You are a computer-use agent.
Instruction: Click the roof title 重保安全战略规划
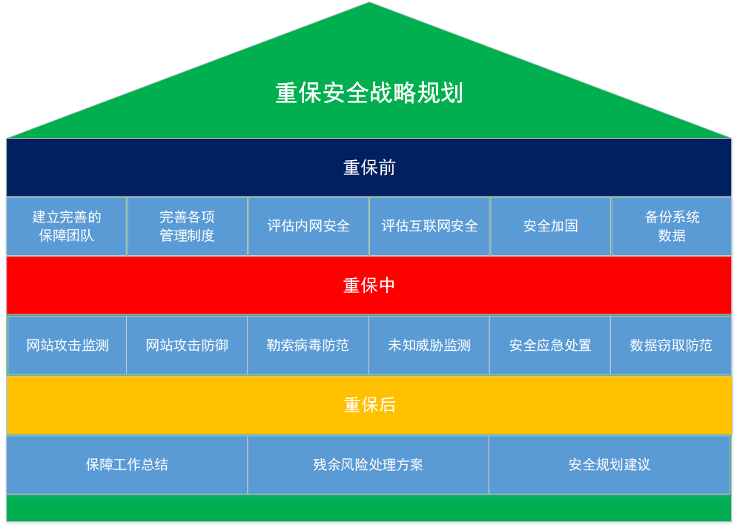369,93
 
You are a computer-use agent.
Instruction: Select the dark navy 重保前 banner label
369,168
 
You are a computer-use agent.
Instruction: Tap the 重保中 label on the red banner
369,286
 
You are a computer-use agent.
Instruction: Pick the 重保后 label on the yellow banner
369,405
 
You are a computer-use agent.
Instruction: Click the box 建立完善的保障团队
67,226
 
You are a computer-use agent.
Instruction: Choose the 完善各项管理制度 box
187,226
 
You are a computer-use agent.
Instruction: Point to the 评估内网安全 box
308,226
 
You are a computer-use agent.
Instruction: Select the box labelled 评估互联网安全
429,226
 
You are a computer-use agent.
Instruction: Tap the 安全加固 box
550,226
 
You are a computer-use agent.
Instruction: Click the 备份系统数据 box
672,226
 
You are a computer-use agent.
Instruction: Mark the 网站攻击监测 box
67,345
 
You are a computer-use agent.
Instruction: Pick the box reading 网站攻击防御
187,345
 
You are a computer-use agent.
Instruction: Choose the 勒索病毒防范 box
308,345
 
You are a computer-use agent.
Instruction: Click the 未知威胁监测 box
429,345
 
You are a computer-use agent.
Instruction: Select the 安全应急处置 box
550,345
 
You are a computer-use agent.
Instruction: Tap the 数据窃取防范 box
671,345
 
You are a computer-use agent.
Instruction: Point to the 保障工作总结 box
127,464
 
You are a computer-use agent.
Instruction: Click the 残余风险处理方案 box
369,464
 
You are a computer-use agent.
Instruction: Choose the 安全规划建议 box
609,464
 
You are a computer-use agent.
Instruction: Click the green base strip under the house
369,508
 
